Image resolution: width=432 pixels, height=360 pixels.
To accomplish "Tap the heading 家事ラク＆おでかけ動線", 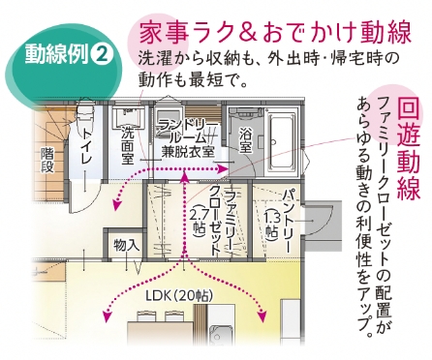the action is [x=276, y=33].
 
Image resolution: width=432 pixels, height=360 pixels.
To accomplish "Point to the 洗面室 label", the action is [x=128, y=145].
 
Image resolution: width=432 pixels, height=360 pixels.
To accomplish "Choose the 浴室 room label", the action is [x=246, y=140].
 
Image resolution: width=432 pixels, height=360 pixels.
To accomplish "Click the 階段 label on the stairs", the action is [x=47, y=161].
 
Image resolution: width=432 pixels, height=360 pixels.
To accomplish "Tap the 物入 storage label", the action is [x=127, y=246].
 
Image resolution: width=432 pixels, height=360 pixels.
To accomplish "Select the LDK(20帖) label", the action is [x=179, y=296].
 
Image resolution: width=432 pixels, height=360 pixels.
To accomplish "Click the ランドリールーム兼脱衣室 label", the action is [x=188, y=139].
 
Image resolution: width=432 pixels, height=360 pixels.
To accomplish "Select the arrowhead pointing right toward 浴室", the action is [x=222, y=168].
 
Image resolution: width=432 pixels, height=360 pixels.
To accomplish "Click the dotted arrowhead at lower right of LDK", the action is [x=262, y=316].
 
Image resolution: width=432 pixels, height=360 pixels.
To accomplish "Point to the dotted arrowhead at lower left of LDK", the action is [x=107, y=316].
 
